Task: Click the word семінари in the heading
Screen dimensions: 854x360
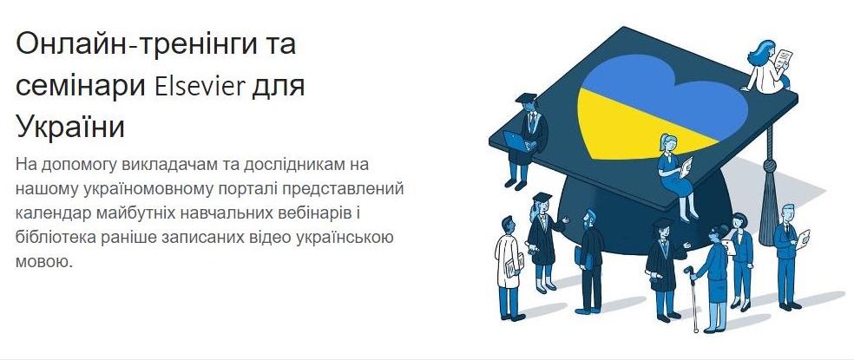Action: click(x=81, y=88)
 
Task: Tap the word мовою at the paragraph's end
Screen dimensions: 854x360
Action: click(x=44, y=262)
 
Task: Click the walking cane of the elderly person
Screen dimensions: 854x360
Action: click(x=693, y=298)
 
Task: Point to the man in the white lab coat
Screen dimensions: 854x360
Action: click(x=509, y=267)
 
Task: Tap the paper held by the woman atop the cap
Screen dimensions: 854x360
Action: click(x=784, y=58)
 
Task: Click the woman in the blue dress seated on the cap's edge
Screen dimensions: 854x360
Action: click(x=675, y=175)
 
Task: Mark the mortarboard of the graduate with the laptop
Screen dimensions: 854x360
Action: click(x=526, y=97)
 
